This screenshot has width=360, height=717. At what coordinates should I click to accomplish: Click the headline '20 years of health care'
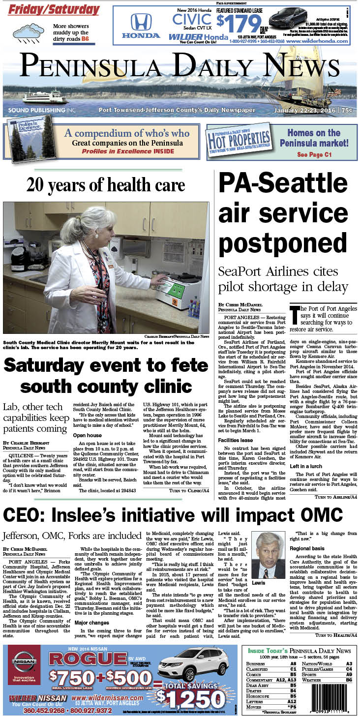pos(106,185)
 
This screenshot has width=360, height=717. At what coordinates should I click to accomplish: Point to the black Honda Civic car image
pos(289,18)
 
